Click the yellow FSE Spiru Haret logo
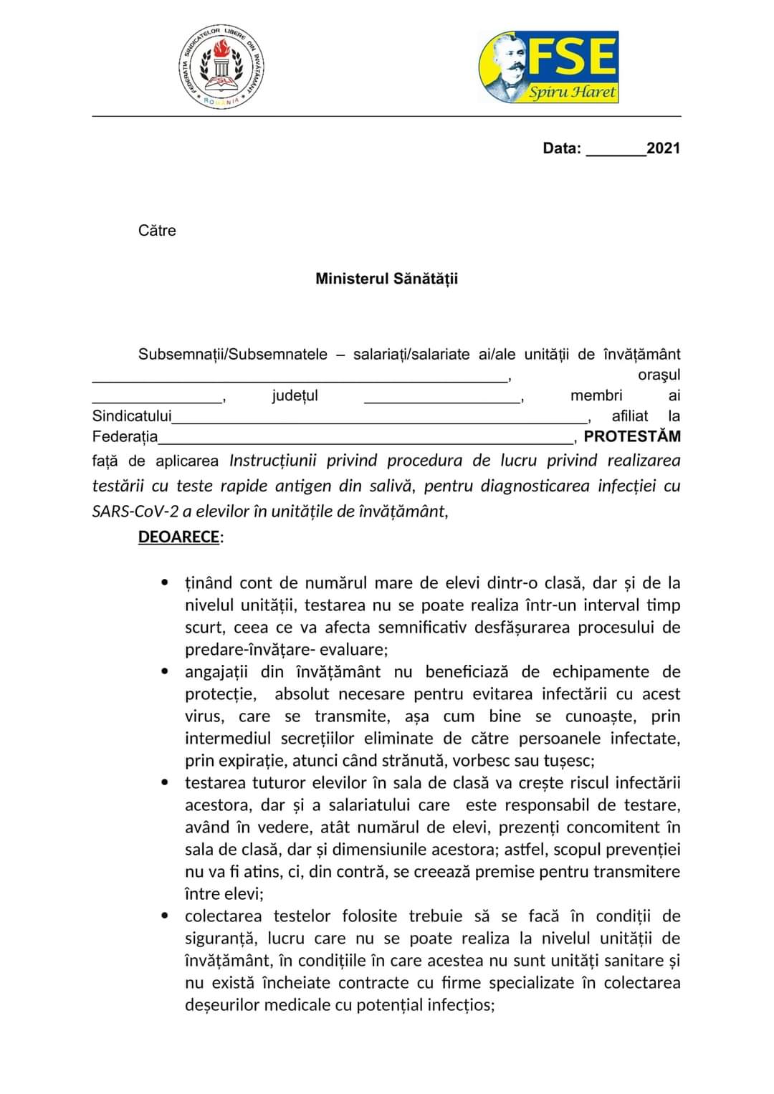[548, 67]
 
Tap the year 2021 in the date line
[663, 148]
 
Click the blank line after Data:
[616, 150]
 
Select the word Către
[157, 231]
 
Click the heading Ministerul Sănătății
[386, 279]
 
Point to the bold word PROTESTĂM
[632, 436]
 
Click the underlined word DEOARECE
[178, 537]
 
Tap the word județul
[295, 395]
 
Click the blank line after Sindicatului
[380, 418]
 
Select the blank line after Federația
[365, 438]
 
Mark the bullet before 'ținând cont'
[166, 583]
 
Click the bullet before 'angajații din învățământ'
[166, 672]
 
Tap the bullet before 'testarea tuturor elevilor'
[166, 783]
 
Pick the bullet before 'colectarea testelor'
[166, 916]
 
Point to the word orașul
[659, 375]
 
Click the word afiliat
[630, 416]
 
